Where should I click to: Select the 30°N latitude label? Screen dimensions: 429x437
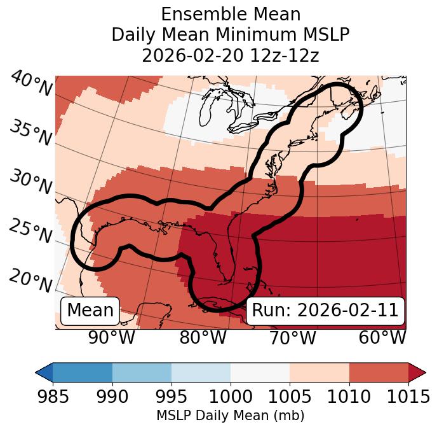pyautogui.click(x=30, y=183)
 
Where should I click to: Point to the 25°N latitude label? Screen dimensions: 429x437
pyautogui.click(x=30, y=232)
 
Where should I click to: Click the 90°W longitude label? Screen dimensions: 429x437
pyautogui.click(x=112, y=337)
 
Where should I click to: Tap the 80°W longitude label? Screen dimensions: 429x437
pyautogui.click(x=203, y=337)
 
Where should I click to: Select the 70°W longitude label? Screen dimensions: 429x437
pyautogui.click(x=292, y=337)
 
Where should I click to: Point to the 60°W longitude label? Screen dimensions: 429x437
pyautogui.click(x=382, y=337)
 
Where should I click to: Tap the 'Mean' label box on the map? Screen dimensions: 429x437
pyautogui.click(x=90, y=311)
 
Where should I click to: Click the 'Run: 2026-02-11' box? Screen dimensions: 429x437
pyautogui.click(x=325, y=311)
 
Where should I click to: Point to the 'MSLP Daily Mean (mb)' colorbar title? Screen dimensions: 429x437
pyautogui.click(x=231, y=416)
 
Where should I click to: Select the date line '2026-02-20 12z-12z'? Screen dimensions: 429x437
pyautogui.click(x=231, y=55)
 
